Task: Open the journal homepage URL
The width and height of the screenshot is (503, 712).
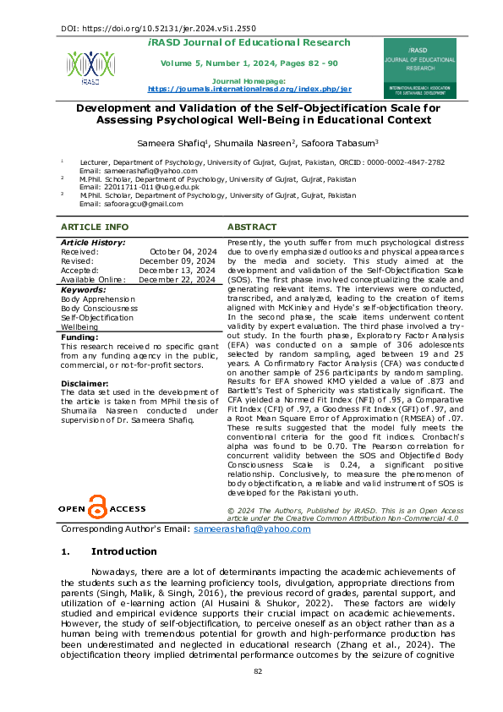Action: [x=249, y=88]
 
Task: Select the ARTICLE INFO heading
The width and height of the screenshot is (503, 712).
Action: [x=96, y=227]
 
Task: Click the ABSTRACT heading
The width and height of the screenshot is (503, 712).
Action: [x=252, y=227]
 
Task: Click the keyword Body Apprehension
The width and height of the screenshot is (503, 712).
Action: [x=98, y=298]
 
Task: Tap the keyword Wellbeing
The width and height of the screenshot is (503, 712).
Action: [x=79, y=326]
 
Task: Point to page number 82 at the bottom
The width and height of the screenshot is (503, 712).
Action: [x=259, y=694]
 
